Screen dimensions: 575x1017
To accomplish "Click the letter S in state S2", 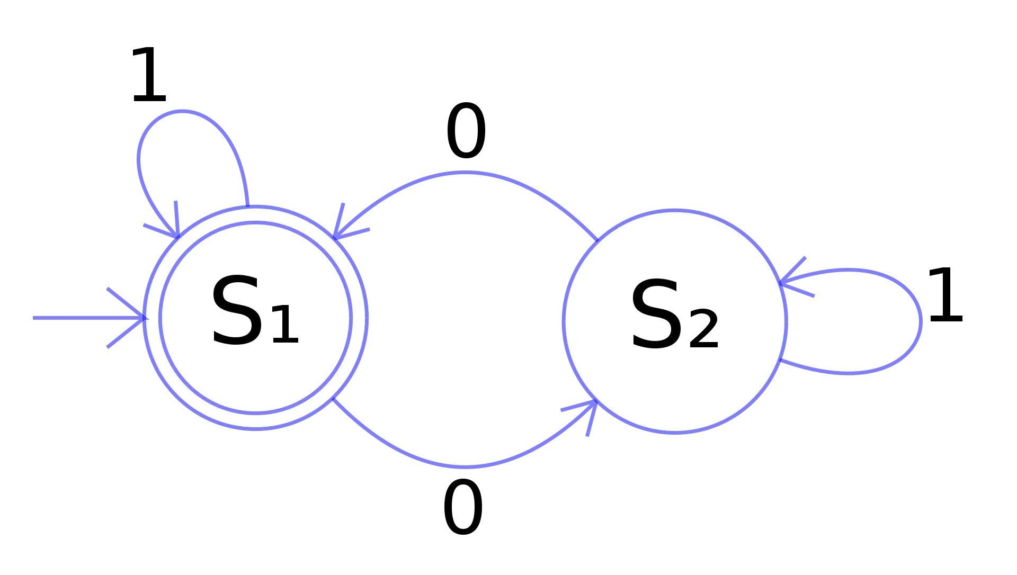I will tap(656, 315).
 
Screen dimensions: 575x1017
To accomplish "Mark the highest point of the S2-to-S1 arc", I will tap(464, 173).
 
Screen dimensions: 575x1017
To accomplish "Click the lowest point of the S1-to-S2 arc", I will tap(464, 466).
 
